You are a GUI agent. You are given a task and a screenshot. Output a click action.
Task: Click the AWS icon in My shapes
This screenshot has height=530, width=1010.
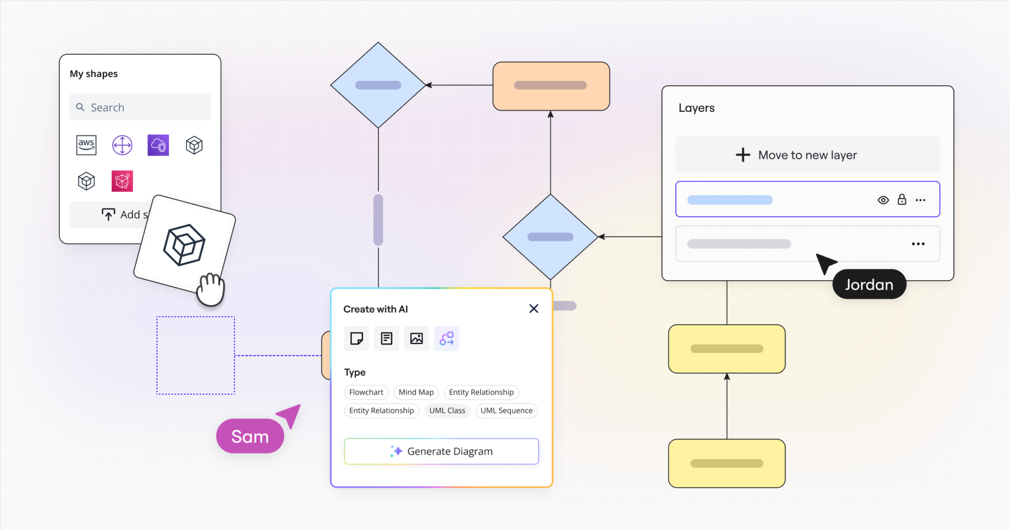[x=86, y=145]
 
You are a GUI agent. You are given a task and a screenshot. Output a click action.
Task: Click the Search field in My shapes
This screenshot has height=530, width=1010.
[x=140, y=107]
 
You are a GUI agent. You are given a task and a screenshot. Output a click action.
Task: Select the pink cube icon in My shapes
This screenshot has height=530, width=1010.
[x=122, y=181]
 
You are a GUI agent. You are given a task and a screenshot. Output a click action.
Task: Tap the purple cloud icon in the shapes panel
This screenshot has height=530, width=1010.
[x=158, y=145]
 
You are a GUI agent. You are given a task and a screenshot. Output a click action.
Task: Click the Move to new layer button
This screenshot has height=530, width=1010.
[x=807, y=155]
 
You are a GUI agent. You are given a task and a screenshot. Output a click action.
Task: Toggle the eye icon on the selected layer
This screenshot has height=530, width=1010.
[x=883, y=200]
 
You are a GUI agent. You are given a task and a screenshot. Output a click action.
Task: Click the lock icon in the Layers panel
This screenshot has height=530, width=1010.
[x=902, y=200]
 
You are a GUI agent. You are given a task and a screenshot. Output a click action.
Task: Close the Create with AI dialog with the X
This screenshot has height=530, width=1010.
[x=534, y=309]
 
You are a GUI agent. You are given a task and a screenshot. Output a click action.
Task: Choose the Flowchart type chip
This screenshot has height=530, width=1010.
[x=366, y=392]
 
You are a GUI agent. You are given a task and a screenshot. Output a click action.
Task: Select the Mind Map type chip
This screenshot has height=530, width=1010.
[x=416, y=392]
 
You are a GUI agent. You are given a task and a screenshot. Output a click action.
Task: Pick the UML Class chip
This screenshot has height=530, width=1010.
[x=447, y=411]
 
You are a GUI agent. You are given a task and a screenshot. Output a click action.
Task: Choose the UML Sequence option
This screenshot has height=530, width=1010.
[x=506, y=411]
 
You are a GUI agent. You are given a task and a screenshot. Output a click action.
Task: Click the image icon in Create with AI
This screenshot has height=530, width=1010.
[x=417, y=339]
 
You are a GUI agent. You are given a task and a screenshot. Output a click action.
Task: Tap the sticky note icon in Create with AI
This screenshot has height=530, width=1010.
[x=357, y=339]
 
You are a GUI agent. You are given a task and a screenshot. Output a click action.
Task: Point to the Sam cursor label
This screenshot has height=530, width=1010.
[x=250, y=436]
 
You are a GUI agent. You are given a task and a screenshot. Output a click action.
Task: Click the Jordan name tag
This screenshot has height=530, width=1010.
[x=869, y=284]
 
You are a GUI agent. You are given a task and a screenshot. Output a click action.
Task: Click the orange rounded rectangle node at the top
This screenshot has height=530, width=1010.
[x=551, y=86]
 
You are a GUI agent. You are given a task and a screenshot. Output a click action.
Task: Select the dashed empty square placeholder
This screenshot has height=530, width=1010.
[x=196, y=355]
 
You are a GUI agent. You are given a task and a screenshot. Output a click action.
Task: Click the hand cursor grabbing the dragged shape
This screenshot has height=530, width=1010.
[x=211, y=289]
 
